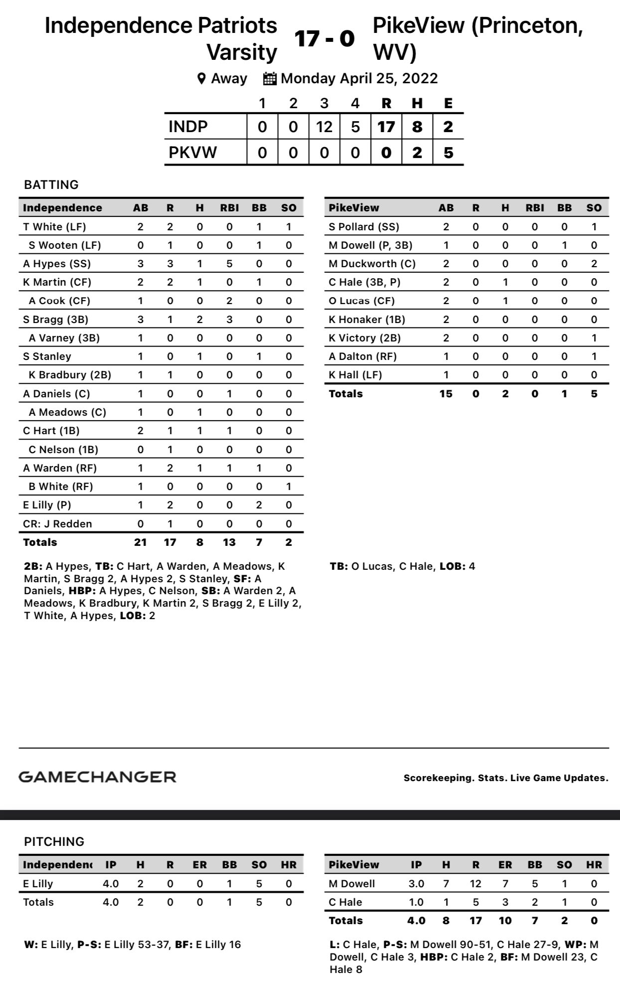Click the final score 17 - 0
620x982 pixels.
point(324,38)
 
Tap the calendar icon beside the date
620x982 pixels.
point(270,78)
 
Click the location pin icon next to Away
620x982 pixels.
point(201,78)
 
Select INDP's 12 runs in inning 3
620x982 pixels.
point(324,127)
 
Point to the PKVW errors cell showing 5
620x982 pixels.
point(448,152)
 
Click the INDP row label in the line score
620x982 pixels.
point(188,127)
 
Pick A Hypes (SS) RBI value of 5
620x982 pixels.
point(229,264)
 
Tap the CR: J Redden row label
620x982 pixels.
point(57,524)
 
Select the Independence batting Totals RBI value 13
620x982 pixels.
point(229,542)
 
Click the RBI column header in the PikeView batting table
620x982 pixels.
point(534,208)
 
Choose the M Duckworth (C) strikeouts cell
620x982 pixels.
point(594,264)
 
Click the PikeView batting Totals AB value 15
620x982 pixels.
point(446,394)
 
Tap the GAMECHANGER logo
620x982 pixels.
point(97,777)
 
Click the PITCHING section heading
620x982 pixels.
point(54,841)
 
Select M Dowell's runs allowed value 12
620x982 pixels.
point(475,884)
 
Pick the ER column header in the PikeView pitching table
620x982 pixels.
point(505,865)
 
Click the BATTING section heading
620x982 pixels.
point(51,185)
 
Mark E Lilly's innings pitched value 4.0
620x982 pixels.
point(111,884)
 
